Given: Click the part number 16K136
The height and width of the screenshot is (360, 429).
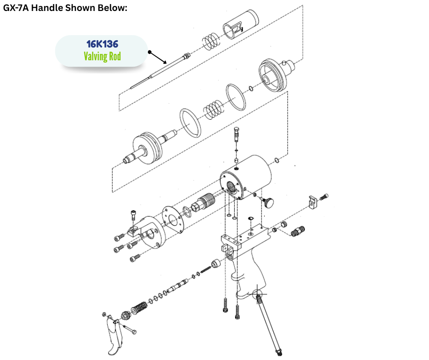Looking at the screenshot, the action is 102,44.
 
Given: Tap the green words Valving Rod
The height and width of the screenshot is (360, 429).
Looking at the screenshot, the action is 102,57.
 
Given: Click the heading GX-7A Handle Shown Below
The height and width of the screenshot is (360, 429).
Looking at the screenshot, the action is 65,8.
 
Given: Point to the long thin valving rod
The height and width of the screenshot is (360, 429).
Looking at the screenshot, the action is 160,71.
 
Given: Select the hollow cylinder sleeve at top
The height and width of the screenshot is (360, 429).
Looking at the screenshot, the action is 241,24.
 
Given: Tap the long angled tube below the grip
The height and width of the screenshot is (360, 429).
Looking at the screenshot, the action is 269,323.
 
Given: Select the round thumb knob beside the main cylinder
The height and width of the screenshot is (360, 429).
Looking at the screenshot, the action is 268,202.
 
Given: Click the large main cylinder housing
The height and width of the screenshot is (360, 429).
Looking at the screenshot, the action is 246,177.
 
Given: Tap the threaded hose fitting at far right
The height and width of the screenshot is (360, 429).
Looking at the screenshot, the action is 298,232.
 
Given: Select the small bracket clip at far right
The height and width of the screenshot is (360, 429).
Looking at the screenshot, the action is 313,202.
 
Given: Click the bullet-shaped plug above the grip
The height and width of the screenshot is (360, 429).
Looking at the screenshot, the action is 216,264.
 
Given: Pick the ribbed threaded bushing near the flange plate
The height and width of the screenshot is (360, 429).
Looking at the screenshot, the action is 204,202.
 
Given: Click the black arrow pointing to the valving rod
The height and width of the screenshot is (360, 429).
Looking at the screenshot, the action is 157,58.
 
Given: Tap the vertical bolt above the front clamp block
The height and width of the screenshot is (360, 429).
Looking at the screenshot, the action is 133,215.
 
